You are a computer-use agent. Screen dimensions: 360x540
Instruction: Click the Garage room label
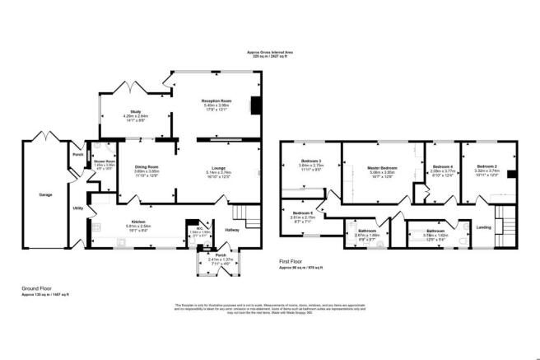coord(45,195)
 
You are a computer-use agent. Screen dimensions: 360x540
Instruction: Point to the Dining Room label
coord(147,168)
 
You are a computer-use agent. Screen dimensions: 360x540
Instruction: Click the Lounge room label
coord(218,168)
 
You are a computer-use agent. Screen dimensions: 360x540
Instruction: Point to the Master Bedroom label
coord(384,168)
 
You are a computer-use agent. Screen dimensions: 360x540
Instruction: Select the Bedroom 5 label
coord(301,213)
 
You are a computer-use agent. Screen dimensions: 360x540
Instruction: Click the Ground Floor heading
coord(37,288)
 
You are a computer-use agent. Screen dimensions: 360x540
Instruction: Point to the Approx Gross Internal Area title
coord(269,52)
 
